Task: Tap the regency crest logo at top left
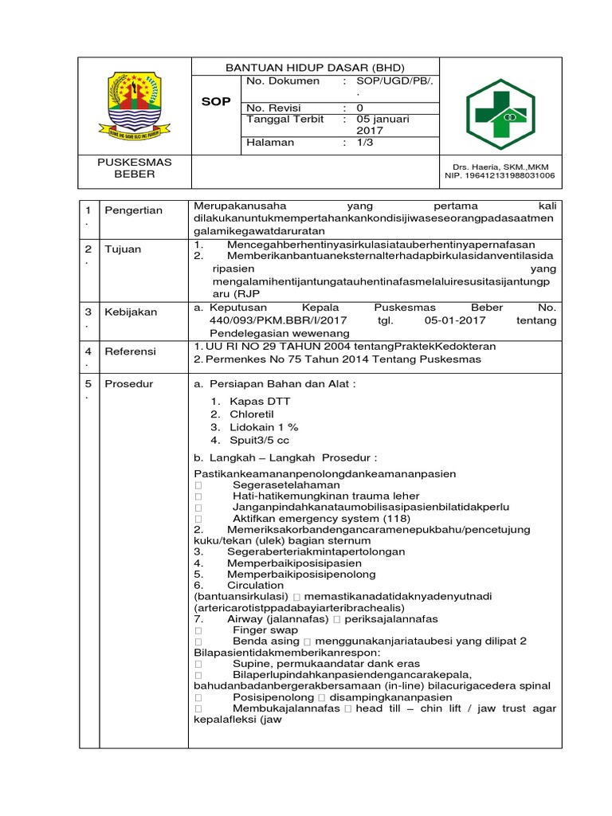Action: pyautogui.click(x=128, y=103)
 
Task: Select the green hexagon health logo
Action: pyautogui.click(x=501, y=108)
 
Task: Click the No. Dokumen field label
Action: pyautogui.click(x=283, y=81)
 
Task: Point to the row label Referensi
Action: pyautogui.click(x=132, y=351)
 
